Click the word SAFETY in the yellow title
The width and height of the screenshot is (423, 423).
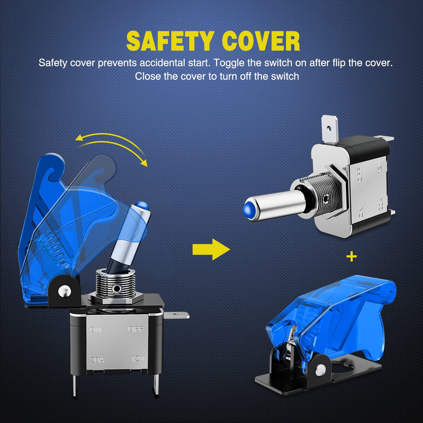170,42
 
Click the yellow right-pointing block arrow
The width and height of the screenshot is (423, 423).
211,250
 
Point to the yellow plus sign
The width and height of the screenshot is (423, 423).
352,257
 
